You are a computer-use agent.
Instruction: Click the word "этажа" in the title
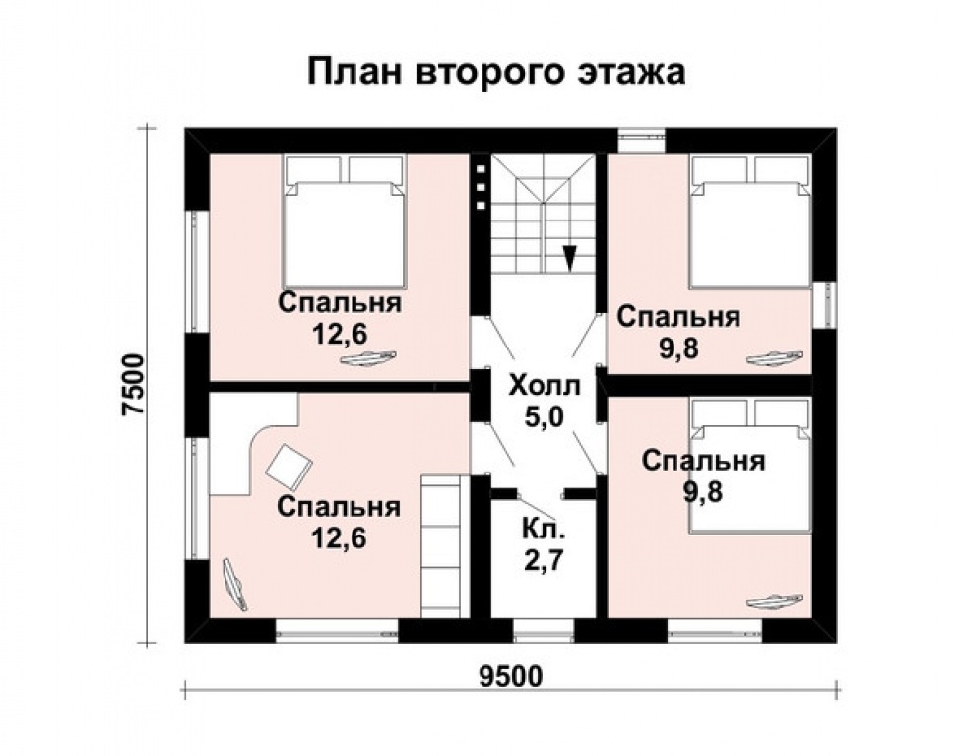click(629, 73)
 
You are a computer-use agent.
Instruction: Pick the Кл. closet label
click(543, 528)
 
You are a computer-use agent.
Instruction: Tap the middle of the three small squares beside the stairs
click(481, 187)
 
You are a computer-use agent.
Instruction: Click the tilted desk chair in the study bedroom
click(289, 465)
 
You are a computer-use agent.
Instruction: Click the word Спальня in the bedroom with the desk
click(339, 507)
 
